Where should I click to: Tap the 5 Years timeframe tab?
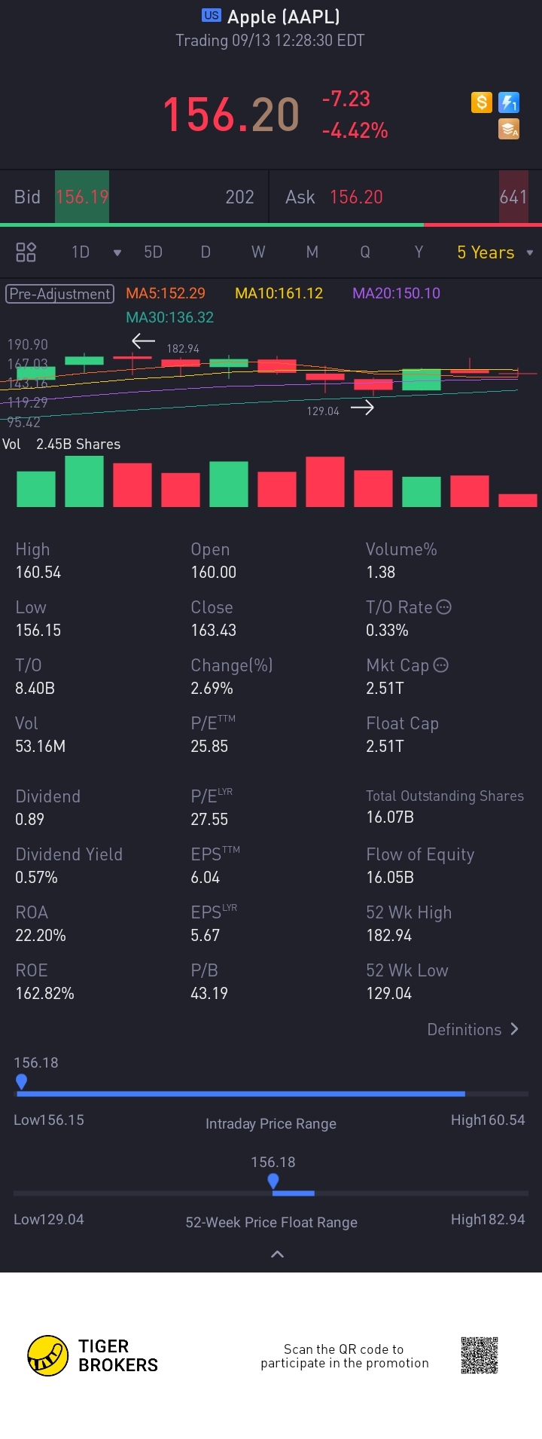486,252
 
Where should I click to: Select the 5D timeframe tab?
153,252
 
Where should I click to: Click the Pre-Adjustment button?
60,294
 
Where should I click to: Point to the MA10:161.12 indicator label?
279,293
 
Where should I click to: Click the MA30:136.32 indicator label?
169,317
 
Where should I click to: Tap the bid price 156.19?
82,197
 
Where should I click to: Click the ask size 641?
513,197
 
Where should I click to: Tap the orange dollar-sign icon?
481,102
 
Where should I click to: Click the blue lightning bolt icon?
509,102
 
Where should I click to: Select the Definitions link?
472,1029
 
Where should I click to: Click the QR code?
480,1355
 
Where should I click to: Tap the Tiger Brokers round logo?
47,1355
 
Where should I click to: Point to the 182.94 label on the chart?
183,349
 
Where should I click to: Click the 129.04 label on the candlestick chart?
323,411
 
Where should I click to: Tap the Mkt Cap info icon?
441,665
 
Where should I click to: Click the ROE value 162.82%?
44,993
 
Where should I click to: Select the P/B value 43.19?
209,993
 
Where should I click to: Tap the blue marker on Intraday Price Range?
22,1082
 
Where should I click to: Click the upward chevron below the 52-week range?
277,1254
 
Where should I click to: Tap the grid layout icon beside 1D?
26,252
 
